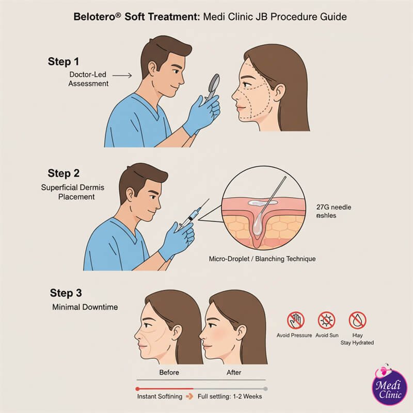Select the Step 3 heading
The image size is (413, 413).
point(66,293)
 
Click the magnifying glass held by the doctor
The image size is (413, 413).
point(212,83)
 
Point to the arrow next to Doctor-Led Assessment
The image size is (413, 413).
point(122,75)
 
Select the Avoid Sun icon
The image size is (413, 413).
point(326,321)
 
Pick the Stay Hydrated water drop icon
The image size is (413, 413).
point(357,321)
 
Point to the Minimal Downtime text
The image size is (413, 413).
point(85,307)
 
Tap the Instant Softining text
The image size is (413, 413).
point(160,397)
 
